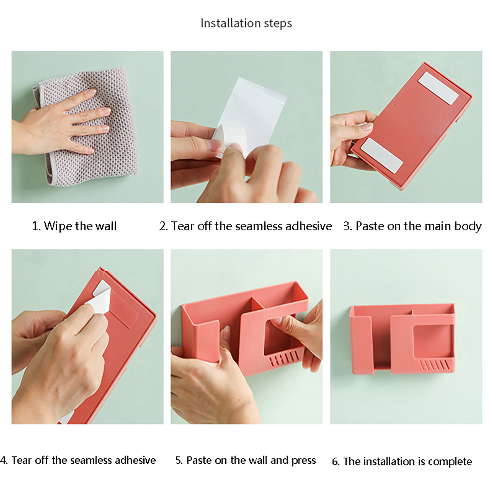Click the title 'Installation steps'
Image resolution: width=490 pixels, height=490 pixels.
tap(246, 23)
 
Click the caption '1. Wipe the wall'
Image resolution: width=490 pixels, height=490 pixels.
tap(74, 226)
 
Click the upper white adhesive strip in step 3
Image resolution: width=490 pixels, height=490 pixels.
tap(438, 88)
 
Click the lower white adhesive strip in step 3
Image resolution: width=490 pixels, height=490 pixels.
tap(382, 155)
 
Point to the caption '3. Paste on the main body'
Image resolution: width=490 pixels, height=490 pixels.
tap(412, 226)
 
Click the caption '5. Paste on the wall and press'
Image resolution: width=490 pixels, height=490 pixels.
tap(246, 460)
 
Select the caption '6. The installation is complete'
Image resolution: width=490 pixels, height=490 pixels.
tap(402, 462)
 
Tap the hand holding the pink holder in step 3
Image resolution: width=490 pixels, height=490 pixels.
tap(352, 135)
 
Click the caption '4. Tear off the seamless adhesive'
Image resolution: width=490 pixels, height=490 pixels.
tap(78, 460)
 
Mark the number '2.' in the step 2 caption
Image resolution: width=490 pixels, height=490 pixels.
tap(164, 226)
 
